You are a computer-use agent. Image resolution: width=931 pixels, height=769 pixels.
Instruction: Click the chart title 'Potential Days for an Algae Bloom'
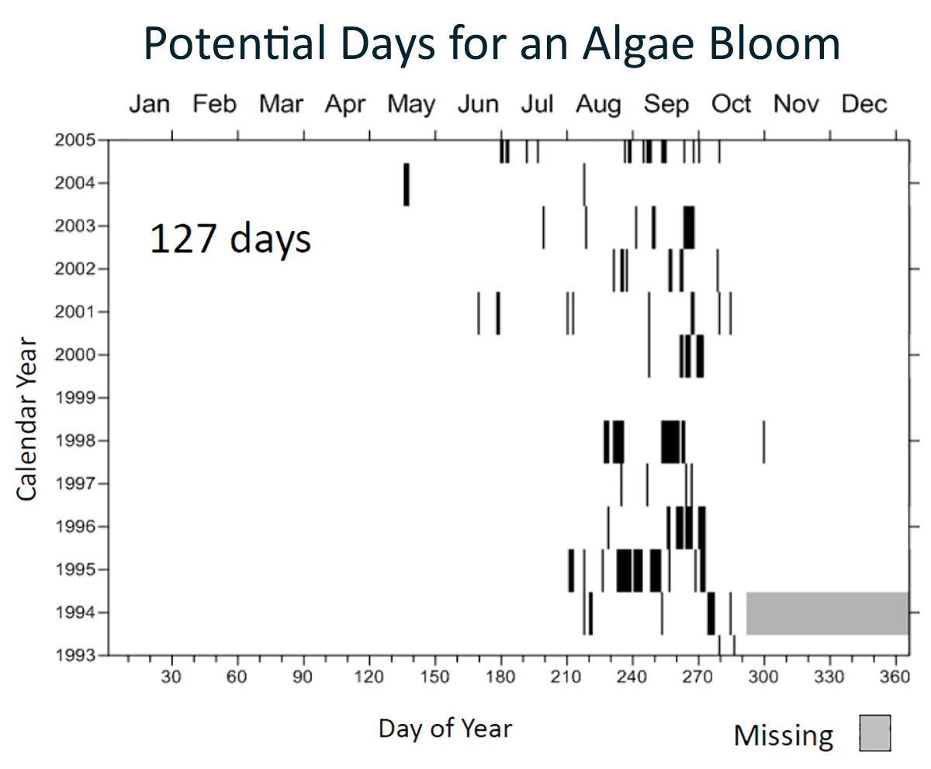[492, 44]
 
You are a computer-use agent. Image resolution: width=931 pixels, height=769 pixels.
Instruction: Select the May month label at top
[411, 104]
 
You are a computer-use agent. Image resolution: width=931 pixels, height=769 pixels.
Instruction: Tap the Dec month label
[864, 104]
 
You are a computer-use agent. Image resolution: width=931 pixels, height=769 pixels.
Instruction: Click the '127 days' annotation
[230, 239]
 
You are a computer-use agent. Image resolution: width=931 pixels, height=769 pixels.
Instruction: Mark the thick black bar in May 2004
[406, 185]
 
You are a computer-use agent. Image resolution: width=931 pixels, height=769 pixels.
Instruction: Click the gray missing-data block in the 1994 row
[827, 613]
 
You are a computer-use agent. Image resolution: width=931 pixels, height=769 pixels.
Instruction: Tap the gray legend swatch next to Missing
[874, 733]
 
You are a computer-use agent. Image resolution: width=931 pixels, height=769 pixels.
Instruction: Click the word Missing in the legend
[784, 735]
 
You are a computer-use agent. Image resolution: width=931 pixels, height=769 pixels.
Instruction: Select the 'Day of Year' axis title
[445, 728]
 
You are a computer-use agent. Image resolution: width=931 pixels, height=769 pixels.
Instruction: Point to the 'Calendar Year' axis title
[27, 419]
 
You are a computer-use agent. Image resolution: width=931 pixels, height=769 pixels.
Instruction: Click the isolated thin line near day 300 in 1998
[763, 441]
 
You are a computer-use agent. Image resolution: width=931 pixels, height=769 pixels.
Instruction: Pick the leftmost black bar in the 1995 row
[571, 570]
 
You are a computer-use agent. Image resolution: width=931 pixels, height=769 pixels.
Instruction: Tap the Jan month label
[149, 104]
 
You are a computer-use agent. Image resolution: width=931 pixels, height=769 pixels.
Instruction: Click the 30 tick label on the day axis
[171, 677]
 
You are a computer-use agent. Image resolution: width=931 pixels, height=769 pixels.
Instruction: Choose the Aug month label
[598, 104]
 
